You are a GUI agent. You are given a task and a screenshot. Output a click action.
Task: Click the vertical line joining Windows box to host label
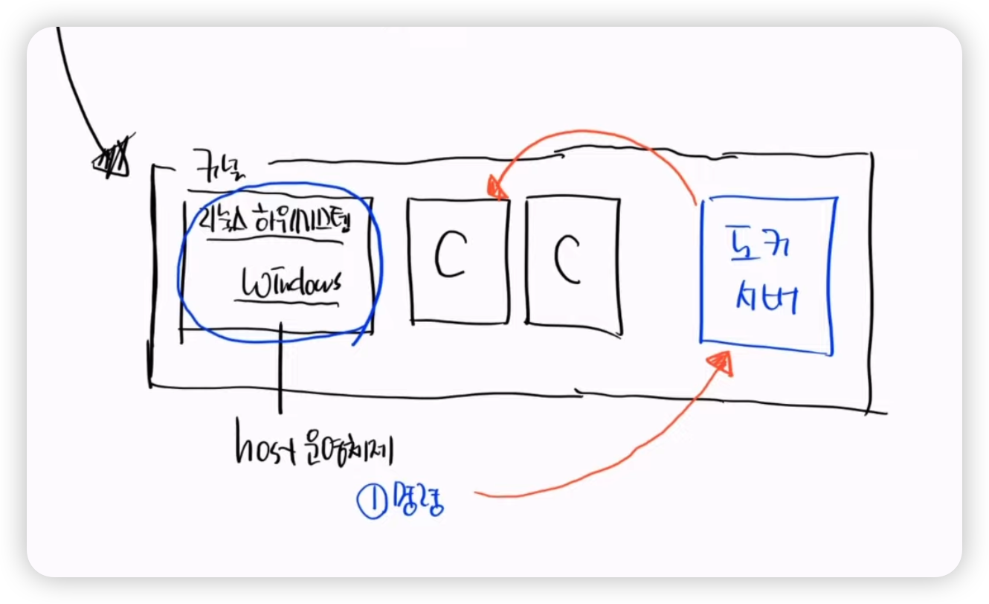tap(280, 368)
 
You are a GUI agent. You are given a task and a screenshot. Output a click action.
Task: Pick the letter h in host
tap(242, 448)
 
